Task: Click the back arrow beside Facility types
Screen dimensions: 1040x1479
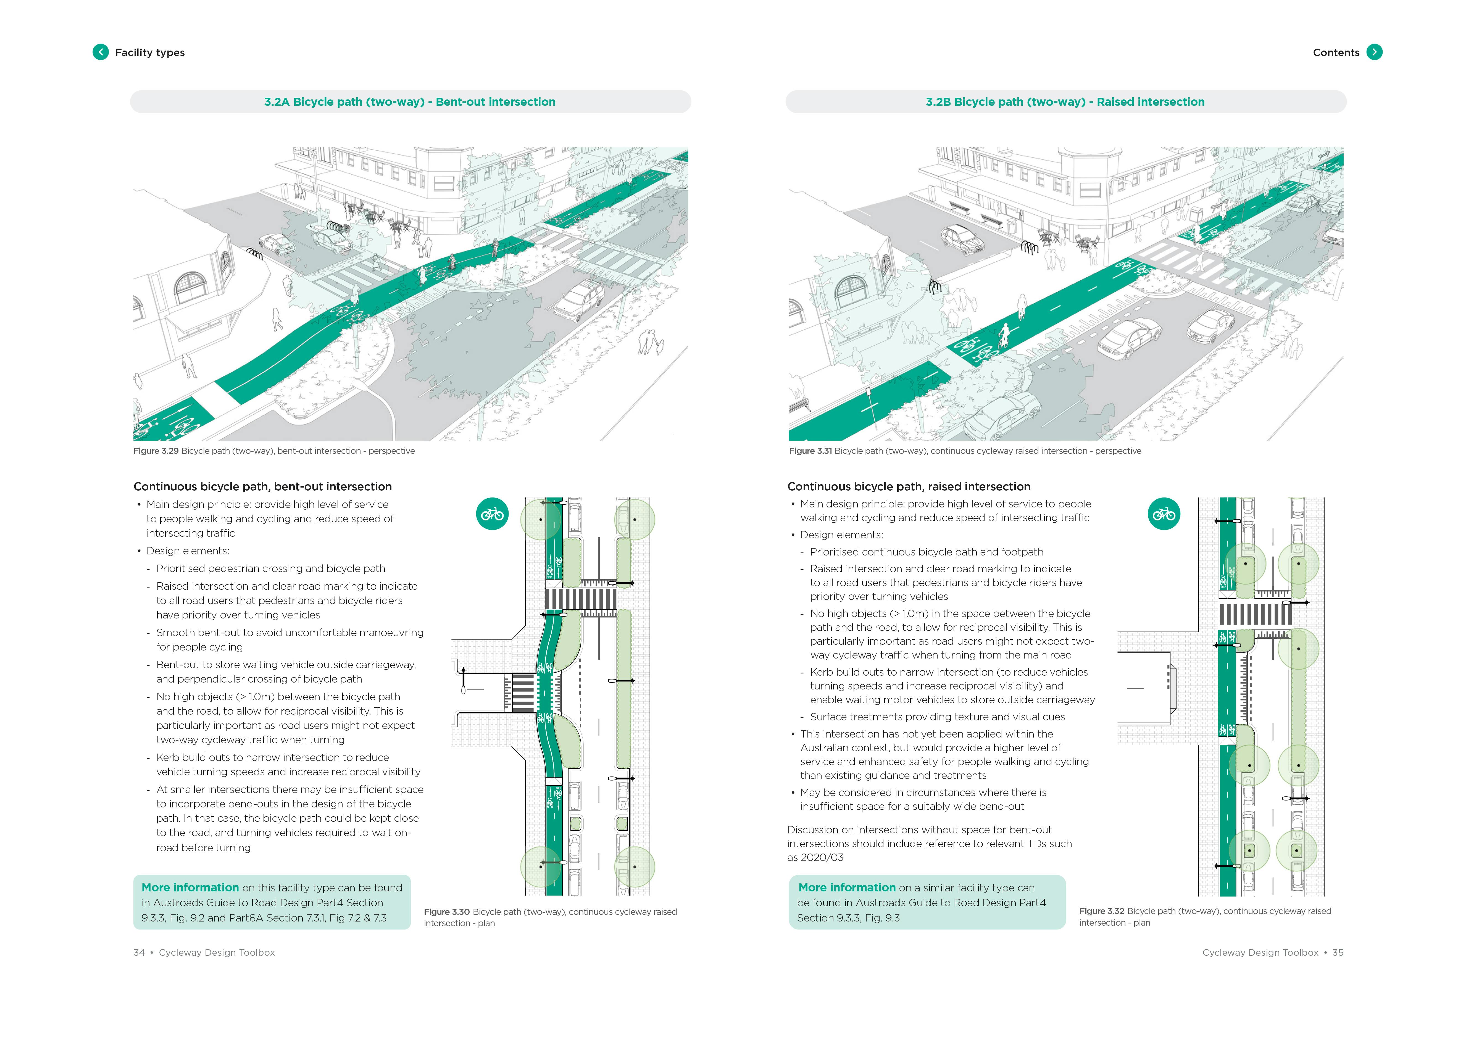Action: [101, 52]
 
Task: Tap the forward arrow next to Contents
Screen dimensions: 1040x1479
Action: [1374, 52]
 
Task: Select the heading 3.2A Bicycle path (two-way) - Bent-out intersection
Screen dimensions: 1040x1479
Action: [410, 102]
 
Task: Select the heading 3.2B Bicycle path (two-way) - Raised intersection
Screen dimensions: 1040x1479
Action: [1065, 102]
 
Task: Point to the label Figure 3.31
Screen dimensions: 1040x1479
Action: [810, 451]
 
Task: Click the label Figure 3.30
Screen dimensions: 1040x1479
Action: [446, 912]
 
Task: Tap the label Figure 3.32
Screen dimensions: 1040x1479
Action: [1102, 911]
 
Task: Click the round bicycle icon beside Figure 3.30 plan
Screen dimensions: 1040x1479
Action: [492, 514]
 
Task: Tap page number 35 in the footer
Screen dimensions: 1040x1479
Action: [1338, 952]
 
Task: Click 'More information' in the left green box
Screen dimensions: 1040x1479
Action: [190, 887]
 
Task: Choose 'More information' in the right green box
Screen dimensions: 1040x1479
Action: [846, 887]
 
